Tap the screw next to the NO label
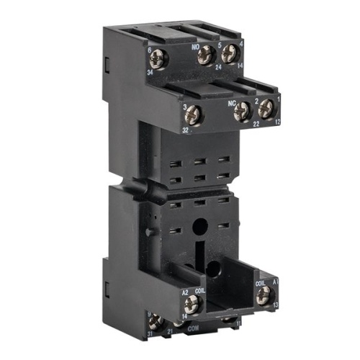click(x=207, y=53)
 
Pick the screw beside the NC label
click(x=243, y=110)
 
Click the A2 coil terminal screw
click(x=192, y=304)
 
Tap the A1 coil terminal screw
click(x=264, y=293)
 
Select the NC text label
click(x=232, y=103)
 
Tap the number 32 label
click(x=185, y=130)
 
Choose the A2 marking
click(x=184, y=292)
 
